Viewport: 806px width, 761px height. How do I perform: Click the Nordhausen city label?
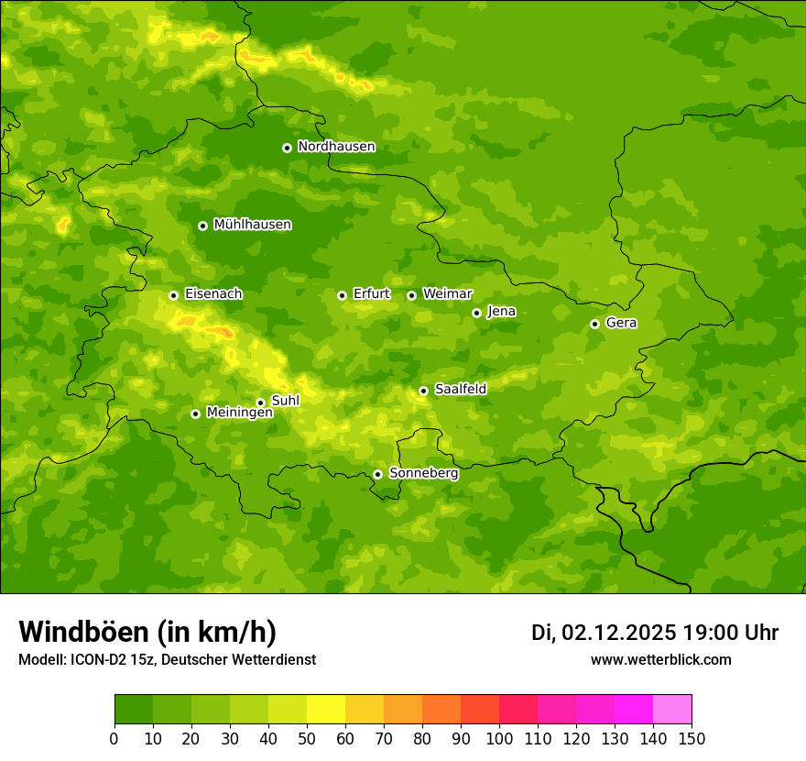click(336, 147)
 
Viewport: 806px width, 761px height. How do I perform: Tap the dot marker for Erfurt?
click(342, 295)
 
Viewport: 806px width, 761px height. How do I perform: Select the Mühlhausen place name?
click(252, 225)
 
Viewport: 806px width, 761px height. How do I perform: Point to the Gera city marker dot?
click(594, 324)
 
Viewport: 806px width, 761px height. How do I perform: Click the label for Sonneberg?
click(423, 474)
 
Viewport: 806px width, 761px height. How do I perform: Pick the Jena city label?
click(501, 312)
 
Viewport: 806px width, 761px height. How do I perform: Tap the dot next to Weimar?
click(411, 295)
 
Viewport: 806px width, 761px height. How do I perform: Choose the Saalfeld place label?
click(460, 390)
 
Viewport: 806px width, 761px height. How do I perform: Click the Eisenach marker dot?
click(173, 295)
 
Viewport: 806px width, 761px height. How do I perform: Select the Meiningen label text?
click(239, 414)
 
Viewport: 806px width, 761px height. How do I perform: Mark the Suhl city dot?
click(260, 403)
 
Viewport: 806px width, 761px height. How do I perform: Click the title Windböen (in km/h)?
click(147, 632)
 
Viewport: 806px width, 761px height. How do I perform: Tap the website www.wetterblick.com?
click(660, 659)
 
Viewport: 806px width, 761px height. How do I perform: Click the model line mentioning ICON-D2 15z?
click(167, 660)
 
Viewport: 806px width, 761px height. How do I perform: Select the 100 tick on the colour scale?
click(498, 738)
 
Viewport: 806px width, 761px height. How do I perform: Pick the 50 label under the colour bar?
click(306, 738)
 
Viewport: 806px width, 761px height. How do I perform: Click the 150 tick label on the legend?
click(691, 738)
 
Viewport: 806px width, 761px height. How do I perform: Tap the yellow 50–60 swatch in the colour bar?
click(325, 710)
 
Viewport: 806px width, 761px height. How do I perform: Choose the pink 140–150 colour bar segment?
click(671, 710)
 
